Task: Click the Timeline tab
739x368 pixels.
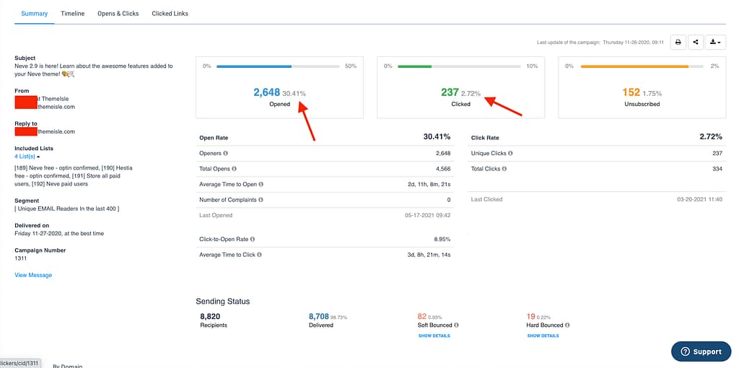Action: coord(72,14)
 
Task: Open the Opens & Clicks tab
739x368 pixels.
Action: coord(118,14)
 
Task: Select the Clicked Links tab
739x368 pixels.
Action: coord(170,14)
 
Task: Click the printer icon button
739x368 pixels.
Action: coord(678,42)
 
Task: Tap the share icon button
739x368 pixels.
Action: coord(696,42)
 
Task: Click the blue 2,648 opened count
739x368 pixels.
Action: coord(266,92)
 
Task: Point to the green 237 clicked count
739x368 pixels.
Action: coord(450,92)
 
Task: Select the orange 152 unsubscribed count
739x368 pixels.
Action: coord(631,92)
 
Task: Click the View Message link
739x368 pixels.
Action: coord(33,275)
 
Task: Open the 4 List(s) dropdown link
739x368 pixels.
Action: coord(27,157)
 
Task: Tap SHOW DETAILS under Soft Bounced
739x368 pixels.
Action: coord(434,336)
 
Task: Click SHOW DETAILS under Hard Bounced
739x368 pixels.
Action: coord(543,336)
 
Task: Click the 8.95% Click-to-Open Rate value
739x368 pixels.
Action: coord(442,239)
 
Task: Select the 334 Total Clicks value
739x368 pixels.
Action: coord(717,168)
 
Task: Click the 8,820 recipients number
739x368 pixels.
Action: coord(211,316)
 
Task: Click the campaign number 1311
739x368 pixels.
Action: coord(22,258)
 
